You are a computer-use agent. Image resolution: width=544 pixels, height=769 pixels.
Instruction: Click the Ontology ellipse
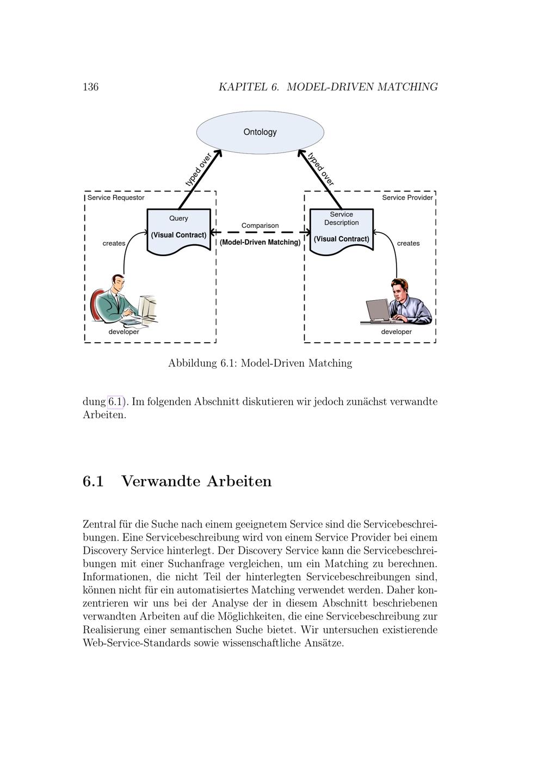point(260,132)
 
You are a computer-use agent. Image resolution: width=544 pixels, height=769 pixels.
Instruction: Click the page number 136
point(90,87)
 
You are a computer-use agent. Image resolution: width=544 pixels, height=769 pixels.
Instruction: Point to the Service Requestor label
point(116,198)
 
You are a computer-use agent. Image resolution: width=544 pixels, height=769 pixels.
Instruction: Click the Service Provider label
point(407,198)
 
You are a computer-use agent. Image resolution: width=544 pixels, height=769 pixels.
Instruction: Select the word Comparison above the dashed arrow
point(260,226)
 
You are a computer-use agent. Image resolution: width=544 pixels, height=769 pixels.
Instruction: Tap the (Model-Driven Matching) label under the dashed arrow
point(260,243)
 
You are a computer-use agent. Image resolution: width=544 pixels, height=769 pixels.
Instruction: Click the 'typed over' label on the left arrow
point(198,170)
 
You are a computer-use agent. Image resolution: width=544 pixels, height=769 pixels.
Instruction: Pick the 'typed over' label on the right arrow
point(321,169)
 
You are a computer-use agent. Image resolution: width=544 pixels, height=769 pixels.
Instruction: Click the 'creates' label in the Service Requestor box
point(114,244)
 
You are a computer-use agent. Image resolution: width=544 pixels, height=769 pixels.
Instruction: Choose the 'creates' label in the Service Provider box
point(408,244)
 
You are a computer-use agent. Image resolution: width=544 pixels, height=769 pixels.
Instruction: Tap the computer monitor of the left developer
point(147,307)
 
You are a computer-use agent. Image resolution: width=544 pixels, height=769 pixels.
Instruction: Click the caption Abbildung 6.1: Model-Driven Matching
point(260,363)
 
